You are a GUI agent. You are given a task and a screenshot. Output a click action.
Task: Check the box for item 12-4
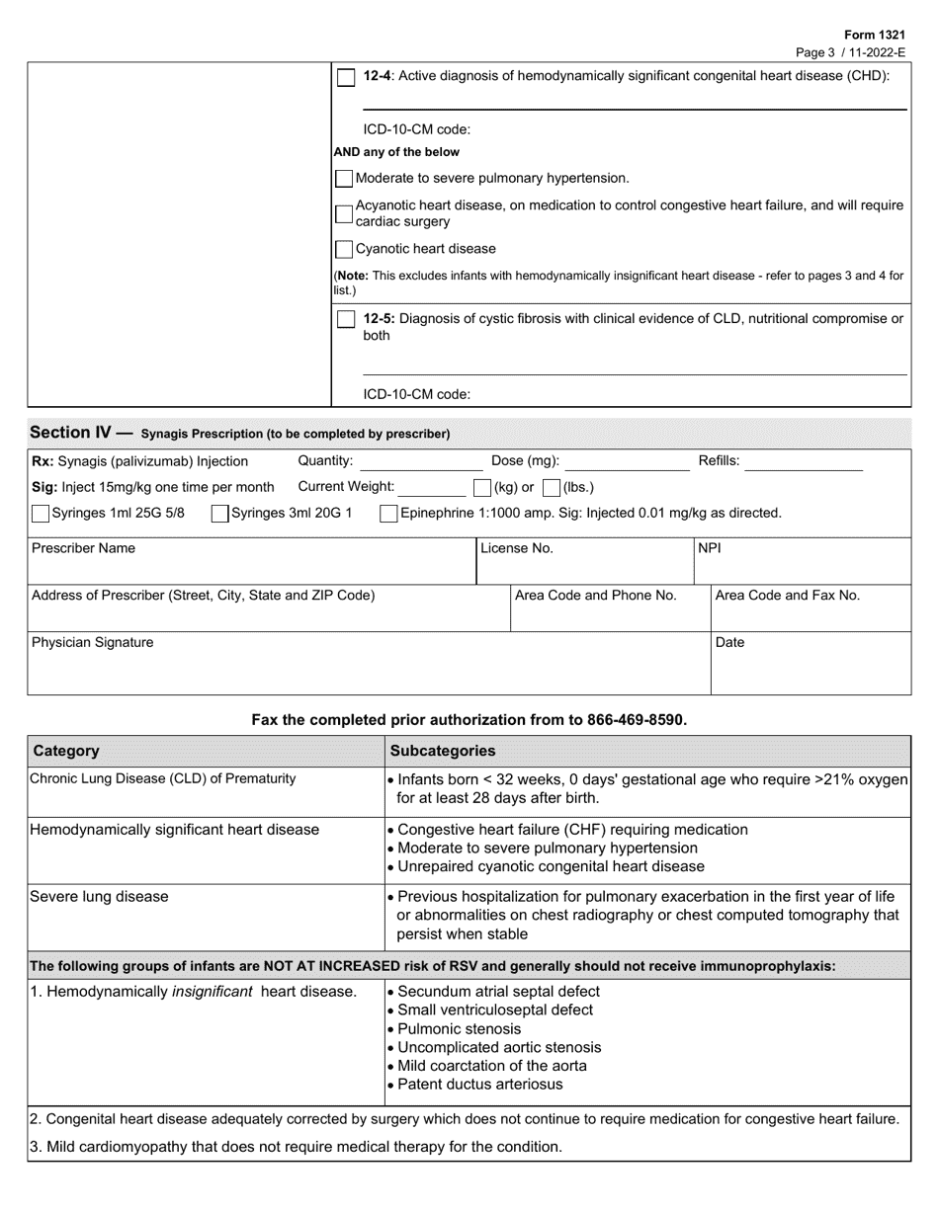point(346,78)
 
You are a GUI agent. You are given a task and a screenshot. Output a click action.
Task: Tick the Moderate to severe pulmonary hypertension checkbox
point(344,179)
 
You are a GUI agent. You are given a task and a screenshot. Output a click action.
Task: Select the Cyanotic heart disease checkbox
point(344,250)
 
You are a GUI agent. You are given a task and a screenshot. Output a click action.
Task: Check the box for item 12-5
point(346,319)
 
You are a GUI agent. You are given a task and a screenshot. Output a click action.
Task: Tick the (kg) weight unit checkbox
point(482,488)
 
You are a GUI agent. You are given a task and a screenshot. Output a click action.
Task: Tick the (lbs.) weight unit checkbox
point(552,488)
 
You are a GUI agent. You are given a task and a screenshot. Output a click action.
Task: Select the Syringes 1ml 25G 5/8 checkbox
point(41,514)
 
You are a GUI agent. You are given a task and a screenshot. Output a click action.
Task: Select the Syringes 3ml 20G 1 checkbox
point(220,514)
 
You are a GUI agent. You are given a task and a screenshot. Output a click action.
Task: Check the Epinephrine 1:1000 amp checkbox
point(389,514)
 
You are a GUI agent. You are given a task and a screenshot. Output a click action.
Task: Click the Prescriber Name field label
point(84,548)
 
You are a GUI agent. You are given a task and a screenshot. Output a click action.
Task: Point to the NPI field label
point(710,548)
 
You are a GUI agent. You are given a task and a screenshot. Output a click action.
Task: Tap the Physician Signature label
point(93,643)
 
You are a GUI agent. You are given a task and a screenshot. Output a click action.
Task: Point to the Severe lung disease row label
point(99,897)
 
